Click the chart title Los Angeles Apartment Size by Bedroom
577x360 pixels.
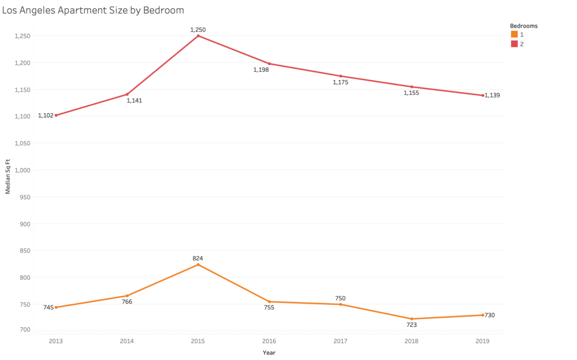93,10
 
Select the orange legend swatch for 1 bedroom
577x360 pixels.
514,35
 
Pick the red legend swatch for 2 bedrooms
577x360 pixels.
514,44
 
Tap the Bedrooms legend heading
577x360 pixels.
523,26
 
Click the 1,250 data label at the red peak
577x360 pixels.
197,29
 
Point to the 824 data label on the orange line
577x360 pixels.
197,258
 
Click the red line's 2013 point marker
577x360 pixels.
56,115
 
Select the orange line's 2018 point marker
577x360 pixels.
412,319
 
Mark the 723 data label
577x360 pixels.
412,326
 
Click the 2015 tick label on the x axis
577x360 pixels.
198,340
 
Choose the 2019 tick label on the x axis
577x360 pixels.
483,340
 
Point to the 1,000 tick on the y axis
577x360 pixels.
22,170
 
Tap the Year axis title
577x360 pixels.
269,353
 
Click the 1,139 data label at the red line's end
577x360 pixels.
492,95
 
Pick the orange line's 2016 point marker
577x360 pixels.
269,301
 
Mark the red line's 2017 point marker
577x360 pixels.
340,76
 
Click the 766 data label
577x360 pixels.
127,302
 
